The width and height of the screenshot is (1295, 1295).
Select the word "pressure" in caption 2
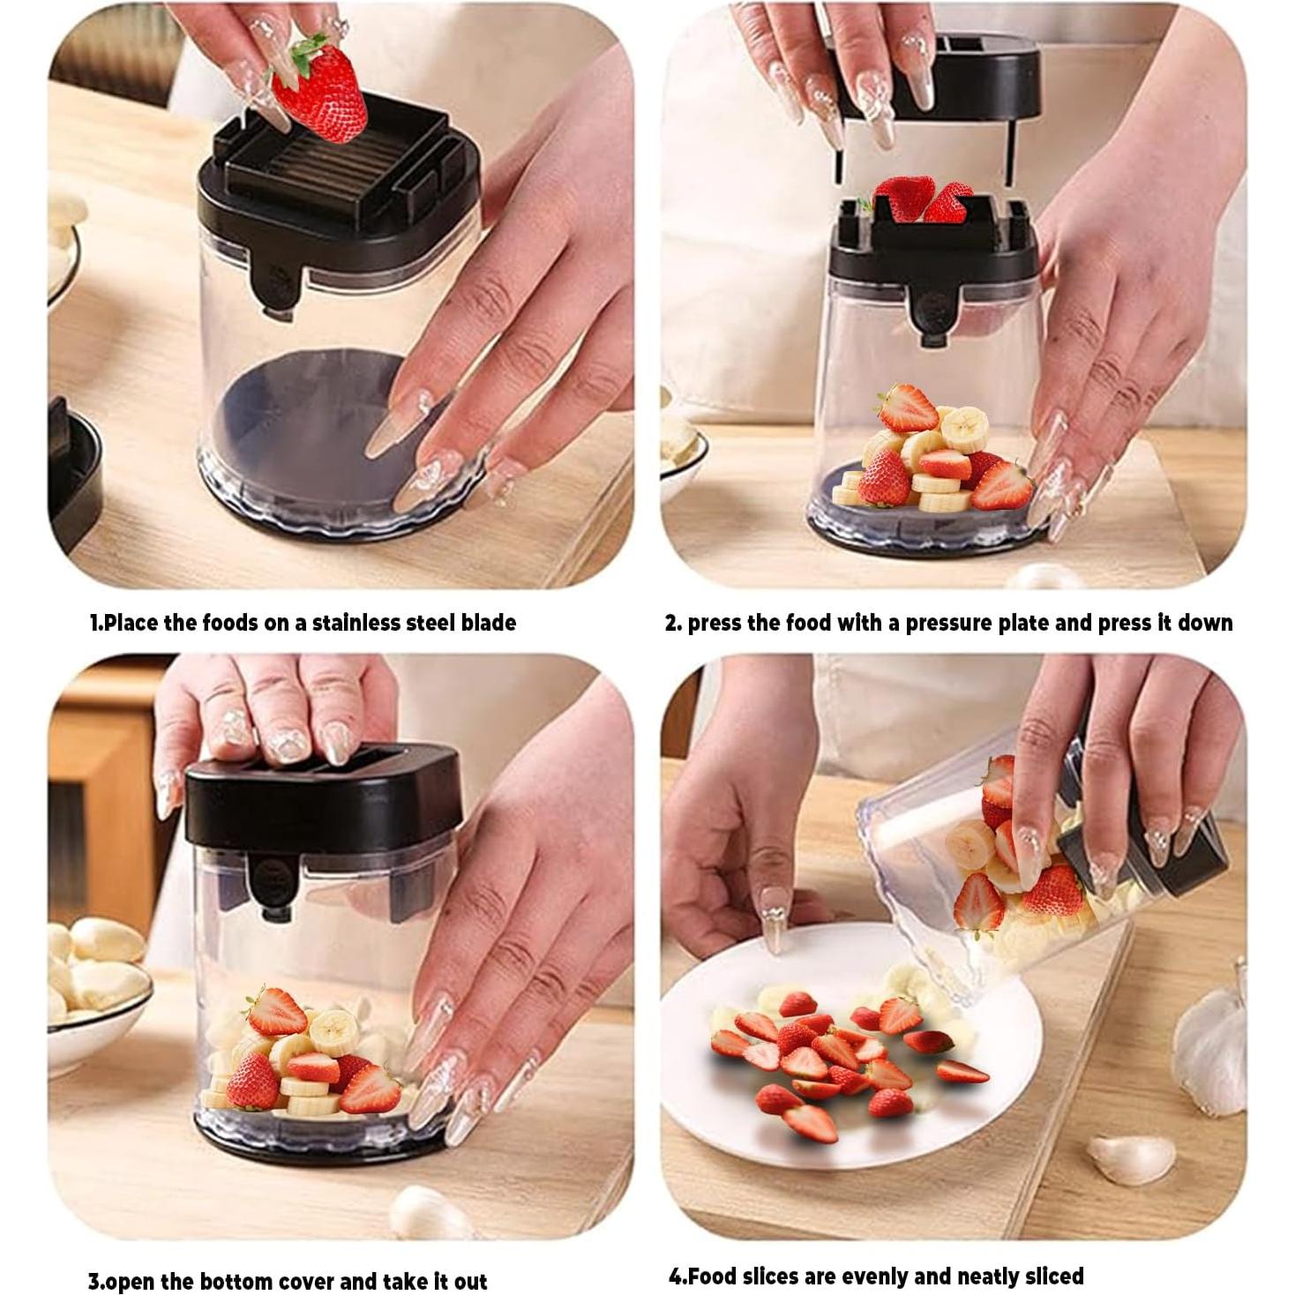(947, 623)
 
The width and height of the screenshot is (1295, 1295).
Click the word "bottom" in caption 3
(236, 1280)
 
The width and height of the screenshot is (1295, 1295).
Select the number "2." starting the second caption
(673, 623)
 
